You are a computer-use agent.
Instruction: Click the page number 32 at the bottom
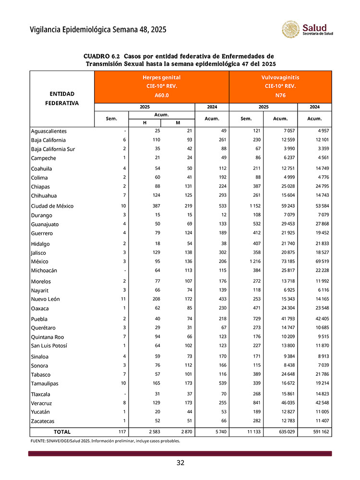pyautogui.click(x=180, y=463)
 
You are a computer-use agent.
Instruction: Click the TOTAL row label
pyautogui.click(x=62, y=432)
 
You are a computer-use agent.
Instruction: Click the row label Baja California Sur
pyautogui.click(x=53, y=149)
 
